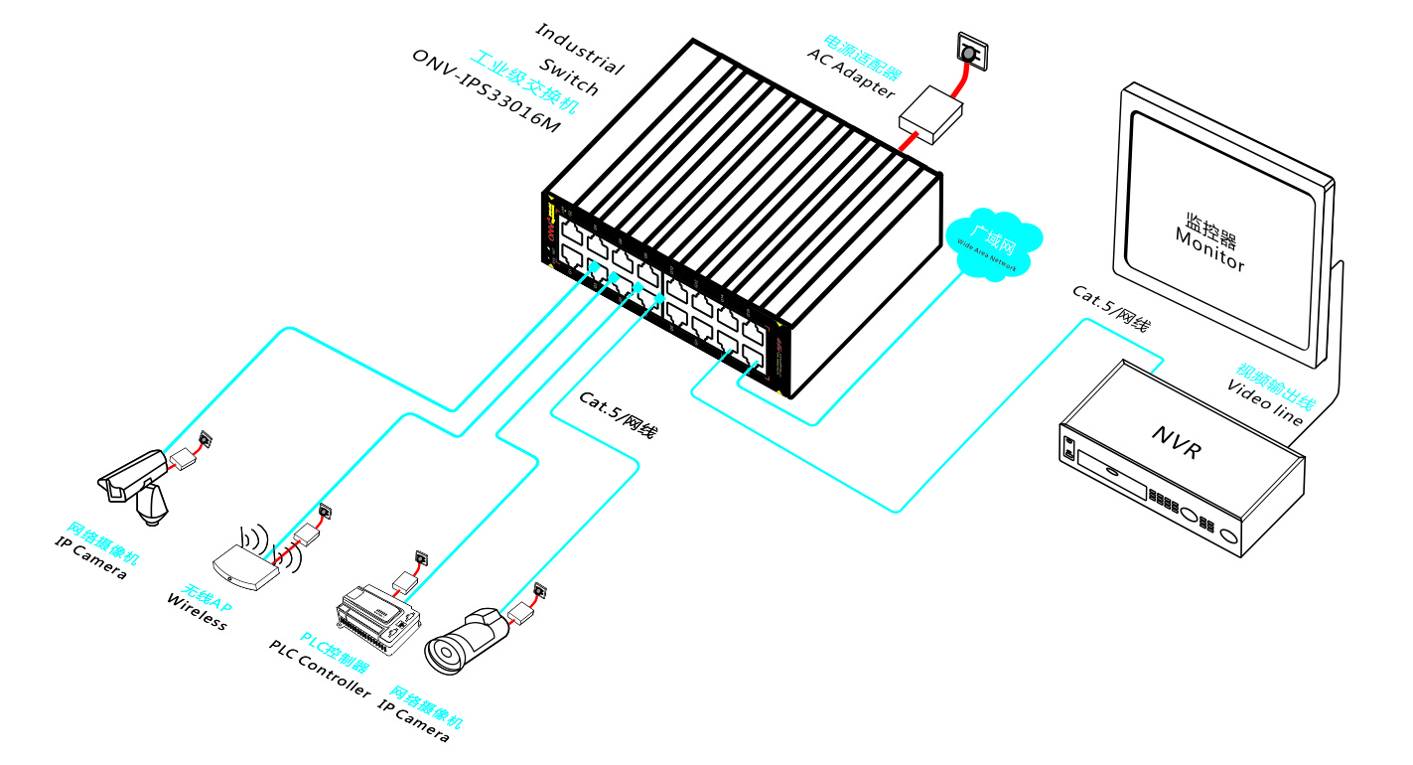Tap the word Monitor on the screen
1208,249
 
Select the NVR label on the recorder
1178,443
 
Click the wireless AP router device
248,567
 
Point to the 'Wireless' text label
197,611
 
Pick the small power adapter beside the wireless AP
307,535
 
